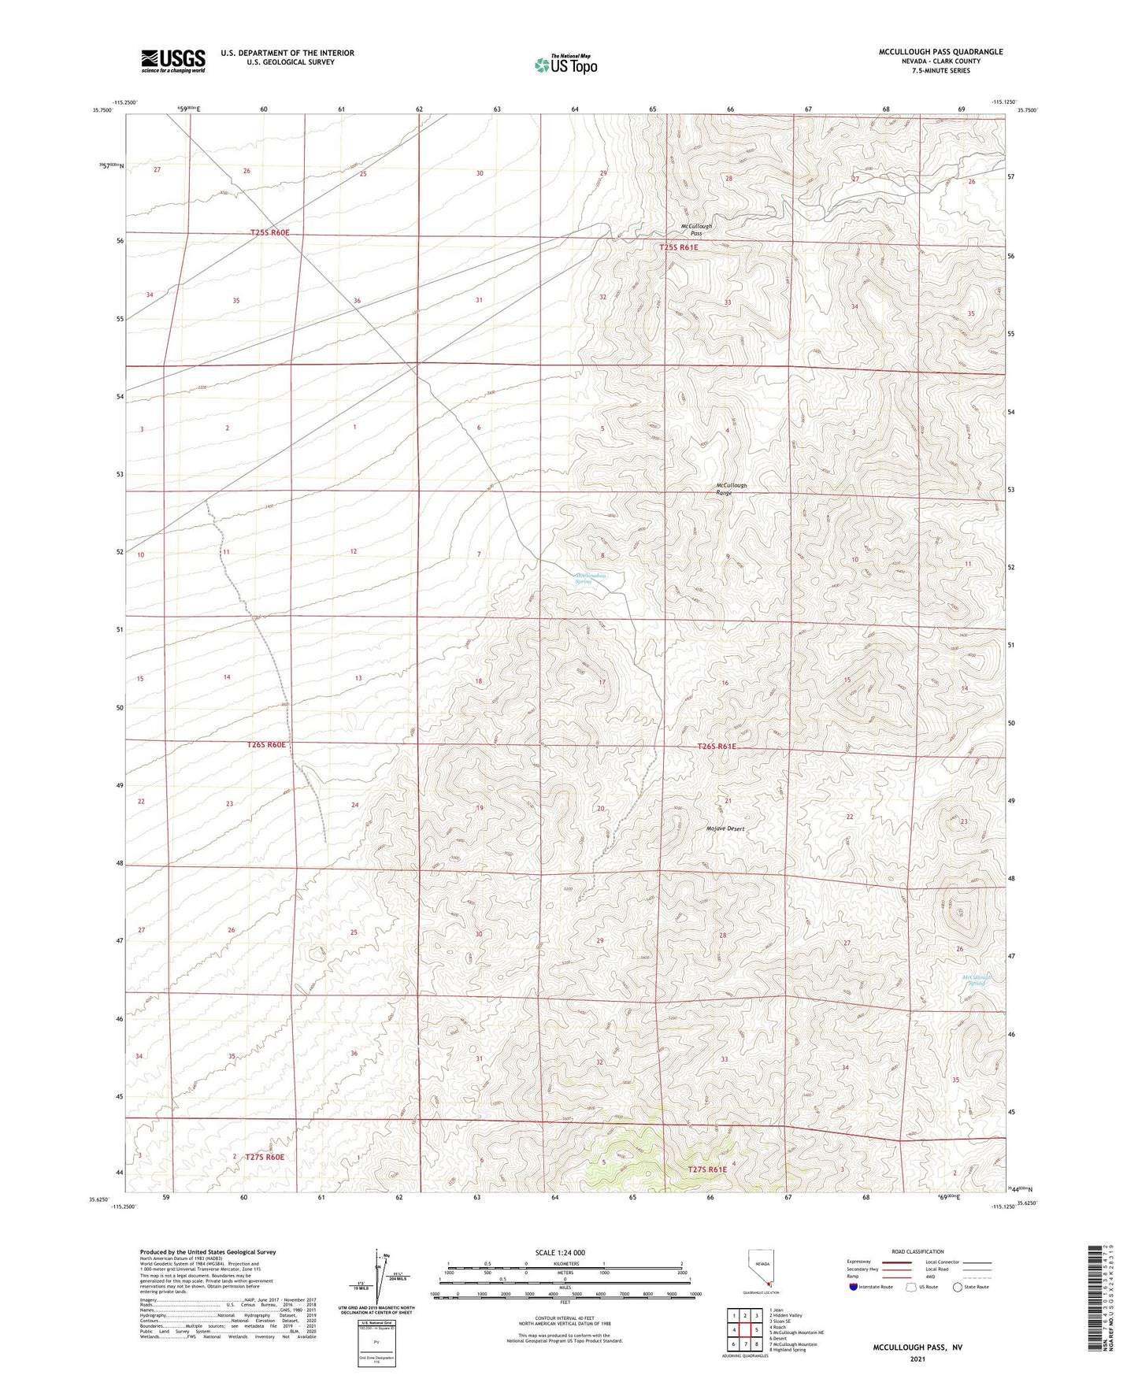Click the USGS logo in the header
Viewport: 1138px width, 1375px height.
173,60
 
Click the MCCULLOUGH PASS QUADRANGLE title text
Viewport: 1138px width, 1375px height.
940,52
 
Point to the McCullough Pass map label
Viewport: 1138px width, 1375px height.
696,229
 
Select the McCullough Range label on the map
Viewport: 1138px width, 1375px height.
731,489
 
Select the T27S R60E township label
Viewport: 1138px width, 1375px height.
264,1157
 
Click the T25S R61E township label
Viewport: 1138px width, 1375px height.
679,247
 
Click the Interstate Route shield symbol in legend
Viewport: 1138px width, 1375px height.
853,1287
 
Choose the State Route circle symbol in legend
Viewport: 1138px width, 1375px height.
957,1287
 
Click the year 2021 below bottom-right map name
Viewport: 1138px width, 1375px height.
917,1359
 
